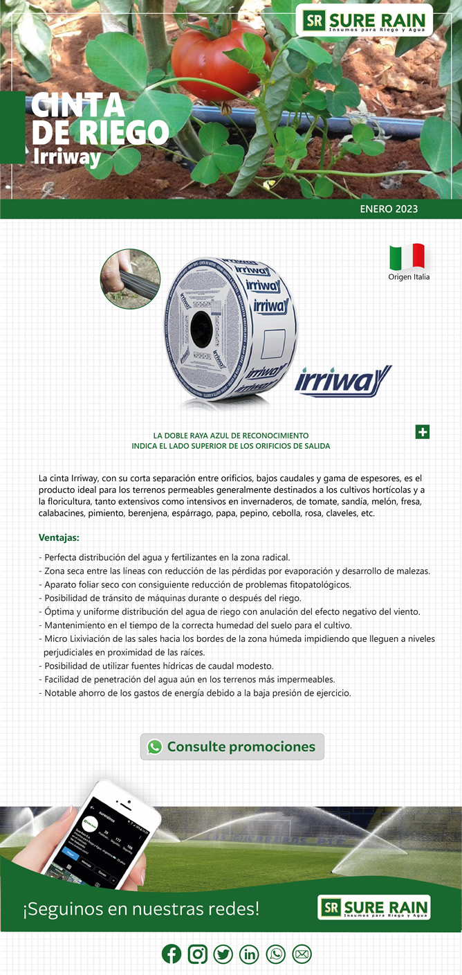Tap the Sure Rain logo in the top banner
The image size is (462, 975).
367,21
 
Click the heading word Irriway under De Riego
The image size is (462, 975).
67,156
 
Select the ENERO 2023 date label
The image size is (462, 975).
389,208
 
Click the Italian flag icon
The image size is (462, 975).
407,257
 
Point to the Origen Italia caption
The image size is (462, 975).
409,277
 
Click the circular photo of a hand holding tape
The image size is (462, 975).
130,279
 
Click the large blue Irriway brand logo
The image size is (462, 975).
343,380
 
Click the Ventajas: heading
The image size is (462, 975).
59,537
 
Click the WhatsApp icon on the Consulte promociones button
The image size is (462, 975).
155,746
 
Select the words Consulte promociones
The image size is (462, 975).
241,746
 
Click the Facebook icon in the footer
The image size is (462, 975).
172,954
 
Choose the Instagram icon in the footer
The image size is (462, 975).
198,954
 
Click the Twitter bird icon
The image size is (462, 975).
223,954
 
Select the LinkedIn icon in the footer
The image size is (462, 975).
249,954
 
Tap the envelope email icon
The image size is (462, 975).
302,954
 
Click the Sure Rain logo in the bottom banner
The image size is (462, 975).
374,907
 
